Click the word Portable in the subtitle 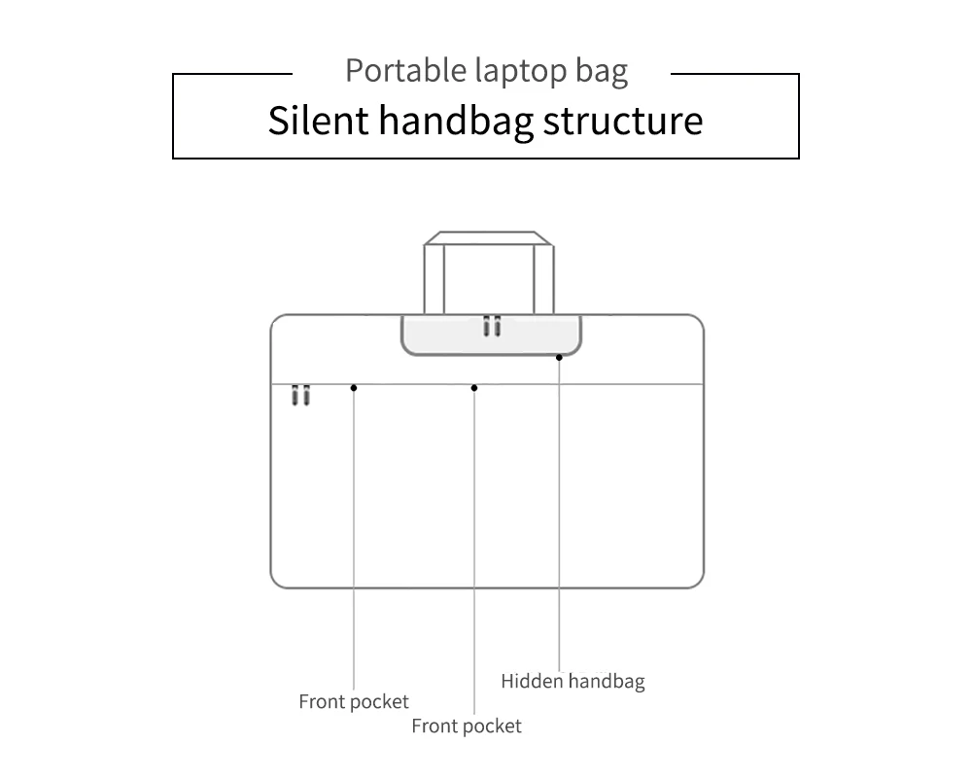(405, 70)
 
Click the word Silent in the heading (319, 120)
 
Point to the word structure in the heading (623, 121)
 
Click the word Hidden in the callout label (532, 681)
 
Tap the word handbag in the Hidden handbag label (607, 682)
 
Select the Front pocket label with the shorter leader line (354, 701)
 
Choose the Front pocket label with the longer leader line (467, 726)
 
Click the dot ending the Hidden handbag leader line (559, 357)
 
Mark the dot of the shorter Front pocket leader (354, 388)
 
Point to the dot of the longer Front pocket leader (474, 388)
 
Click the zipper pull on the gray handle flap (492, 326)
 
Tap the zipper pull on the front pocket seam (300, 394)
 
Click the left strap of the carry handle (434, 279)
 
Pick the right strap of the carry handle (543, 279)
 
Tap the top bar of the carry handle (489, 238)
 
